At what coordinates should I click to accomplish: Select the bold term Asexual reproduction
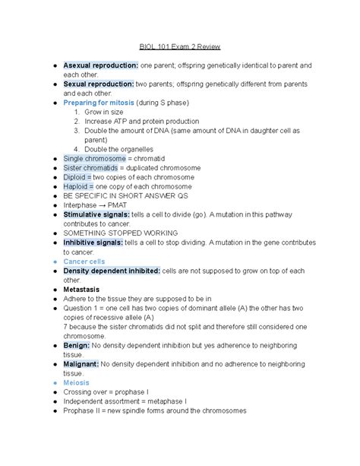point(100,66)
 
